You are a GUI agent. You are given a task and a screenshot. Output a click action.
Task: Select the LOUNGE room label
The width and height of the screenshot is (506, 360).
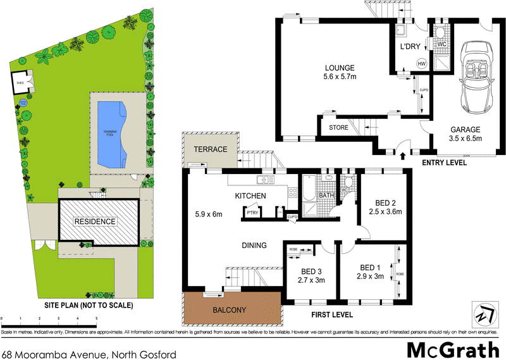tap(340, 68)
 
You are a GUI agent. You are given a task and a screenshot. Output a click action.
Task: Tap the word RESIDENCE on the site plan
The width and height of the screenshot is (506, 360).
tap(96, 221)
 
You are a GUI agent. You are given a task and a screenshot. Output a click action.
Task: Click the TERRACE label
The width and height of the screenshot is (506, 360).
tap(210, 149)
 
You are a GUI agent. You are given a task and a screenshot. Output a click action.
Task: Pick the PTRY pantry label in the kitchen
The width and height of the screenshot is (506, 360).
tap(252, 213)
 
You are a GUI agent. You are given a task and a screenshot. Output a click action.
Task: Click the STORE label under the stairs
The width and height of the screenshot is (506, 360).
tap(338, 127)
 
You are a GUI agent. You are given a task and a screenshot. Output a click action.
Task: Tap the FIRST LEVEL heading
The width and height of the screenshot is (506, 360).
tap(331, 314)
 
